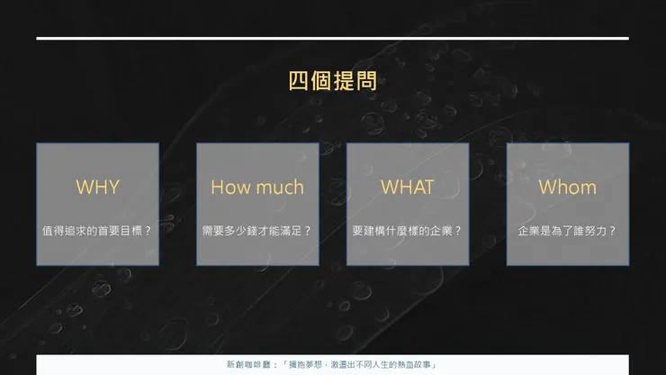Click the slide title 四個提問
pyautogui.click(x=332, y=81)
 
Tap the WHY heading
pyautogui.click(x=97, y=187)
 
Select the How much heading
pyautogui.click(x=257, y=187)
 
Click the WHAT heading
pyautogui.click(x=407, y=187)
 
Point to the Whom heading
pyautogui.click(x=567, y=187)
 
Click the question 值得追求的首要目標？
pyautogui.click(x=97, y=231)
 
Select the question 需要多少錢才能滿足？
pyautogui.click(x=257, y=231)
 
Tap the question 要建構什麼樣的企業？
pyautogui.click(x=407, y=231)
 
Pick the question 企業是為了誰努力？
pyautogui.click(x=567, y=231)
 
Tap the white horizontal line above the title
pyautogui.click(x=332, y=39)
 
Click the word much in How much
pyautogui.click(x=279, y=187)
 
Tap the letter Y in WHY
pyautogui.click(x=113, y=187)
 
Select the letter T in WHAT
pyautogui.click(x=427, y=187)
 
